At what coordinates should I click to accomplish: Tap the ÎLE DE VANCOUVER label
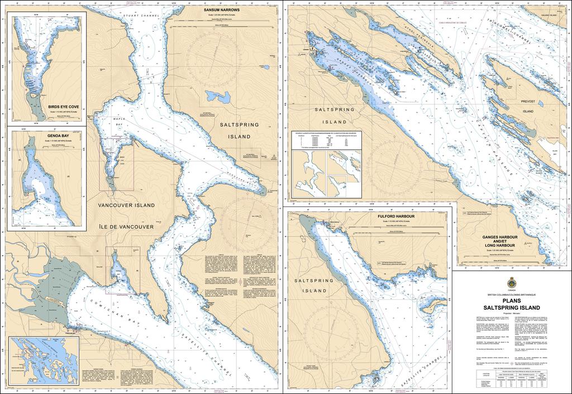[126, 227]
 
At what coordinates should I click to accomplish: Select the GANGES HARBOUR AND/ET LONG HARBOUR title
[501, 241]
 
